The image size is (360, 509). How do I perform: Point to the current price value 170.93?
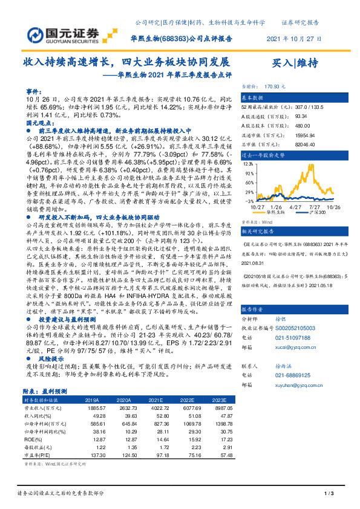[x=284, y=87]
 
